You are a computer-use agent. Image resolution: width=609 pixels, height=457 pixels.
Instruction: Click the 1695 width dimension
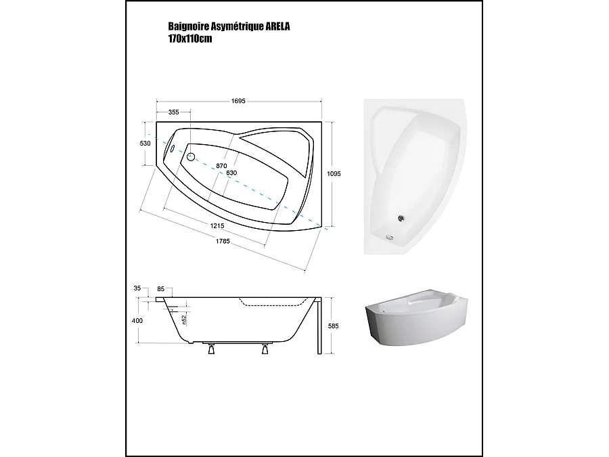[x=238, y=101]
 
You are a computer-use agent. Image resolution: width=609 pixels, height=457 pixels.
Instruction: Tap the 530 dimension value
[x=144, y=144]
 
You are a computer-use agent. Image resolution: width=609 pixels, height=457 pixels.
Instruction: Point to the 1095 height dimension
[x=334, y=174]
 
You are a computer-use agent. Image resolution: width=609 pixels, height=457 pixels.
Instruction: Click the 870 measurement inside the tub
[x=221, y=166]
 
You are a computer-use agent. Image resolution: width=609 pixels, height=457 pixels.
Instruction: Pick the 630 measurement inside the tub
[x=231, y=173]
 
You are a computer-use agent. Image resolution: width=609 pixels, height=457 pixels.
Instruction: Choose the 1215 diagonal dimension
[x=217, y=225]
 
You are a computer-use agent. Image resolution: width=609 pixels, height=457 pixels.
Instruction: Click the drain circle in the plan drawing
[x=190, y=157]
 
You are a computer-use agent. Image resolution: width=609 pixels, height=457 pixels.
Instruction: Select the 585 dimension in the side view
[x=332, y=326]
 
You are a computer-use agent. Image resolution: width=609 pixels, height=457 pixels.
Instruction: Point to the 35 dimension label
[x=137, y=288]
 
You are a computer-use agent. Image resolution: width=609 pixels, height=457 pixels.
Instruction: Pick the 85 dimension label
[x=160, y=289]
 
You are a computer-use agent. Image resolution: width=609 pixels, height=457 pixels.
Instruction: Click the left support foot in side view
[x=210, y=350]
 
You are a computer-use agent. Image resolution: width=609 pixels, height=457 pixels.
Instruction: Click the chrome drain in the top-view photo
[x=400, y=218]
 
